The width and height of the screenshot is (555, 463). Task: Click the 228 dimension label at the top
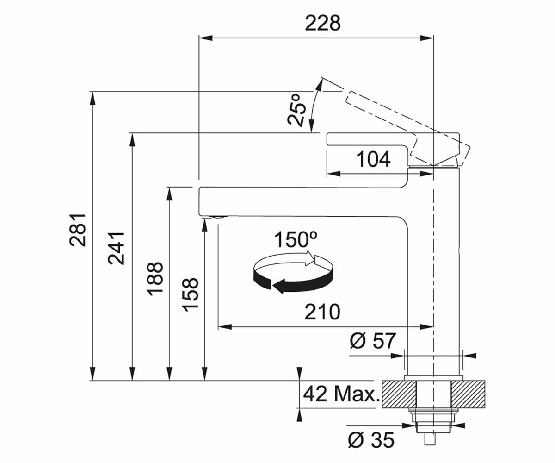(x=323, y=23)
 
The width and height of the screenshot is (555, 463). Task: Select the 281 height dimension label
(x=78, y=230)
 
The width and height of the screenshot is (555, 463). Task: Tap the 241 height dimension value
(x=116, y=248)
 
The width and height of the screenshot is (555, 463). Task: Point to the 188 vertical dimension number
(x=154, y=279)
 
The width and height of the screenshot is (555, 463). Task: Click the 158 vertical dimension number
(x=190, y=294)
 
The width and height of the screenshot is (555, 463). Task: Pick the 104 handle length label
(x=373, y=159)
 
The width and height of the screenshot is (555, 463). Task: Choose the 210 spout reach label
(x=322, y=312)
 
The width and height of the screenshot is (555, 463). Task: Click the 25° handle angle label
(x=296, y=109)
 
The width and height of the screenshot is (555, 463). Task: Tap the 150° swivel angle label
(x=296, y=239)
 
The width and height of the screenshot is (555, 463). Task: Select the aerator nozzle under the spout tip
(x=218, y=217)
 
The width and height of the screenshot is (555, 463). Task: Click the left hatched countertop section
(x=398, y=394)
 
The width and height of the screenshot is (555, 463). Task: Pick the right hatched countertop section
(x=468, y=394)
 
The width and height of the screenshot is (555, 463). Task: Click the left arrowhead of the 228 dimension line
(x=206, y=38)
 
